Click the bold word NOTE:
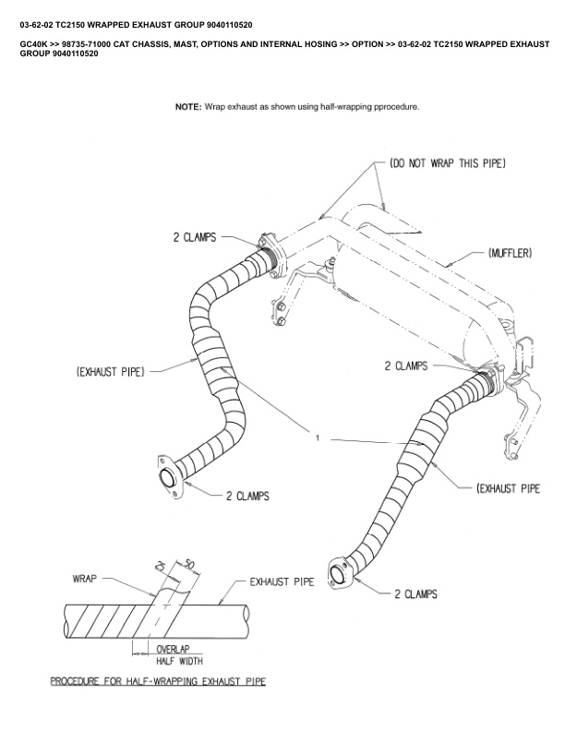pyautogui.click(x=187, y=107)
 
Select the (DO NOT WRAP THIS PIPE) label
pyautogui.click(x=448, y=163)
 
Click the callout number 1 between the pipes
pyautogui.click(x=317, y=438)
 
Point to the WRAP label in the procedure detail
pyautogui.click(x=85, y=580)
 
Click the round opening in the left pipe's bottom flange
pyautogui.click(x=169, y=479)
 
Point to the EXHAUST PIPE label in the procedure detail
pyautogui.click(x=282, y=582)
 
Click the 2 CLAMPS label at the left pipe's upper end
pyautogui.click(x=195, y=237)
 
